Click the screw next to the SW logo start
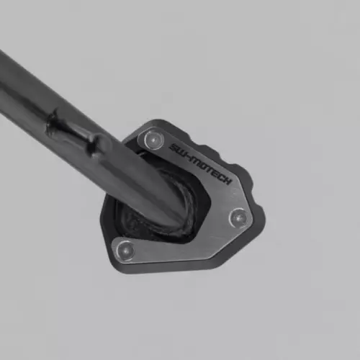151,139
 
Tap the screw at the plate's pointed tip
238,218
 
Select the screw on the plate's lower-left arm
125,251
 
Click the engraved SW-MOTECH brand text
200,164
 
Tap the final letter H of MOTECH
227,180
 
